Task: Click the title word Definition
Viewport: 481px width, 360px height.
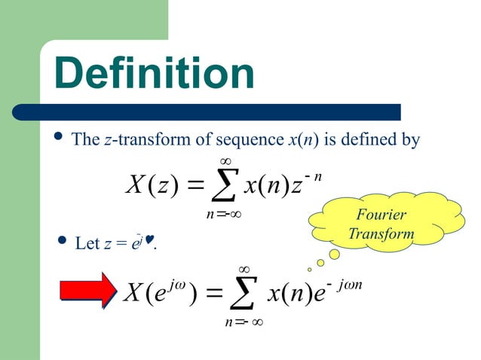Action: tap(155, 74)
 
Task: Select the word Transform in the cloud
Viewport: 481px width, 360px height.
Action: tap(381, 233)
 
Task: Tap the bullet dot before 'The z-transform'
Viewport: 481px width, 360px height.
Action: tap(60, 138)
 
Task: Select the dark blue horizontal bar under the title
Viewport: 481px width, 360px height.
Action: tap(207, 112)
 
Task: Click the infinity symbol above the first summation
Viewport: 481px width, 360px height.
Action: tap(225, 160)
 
